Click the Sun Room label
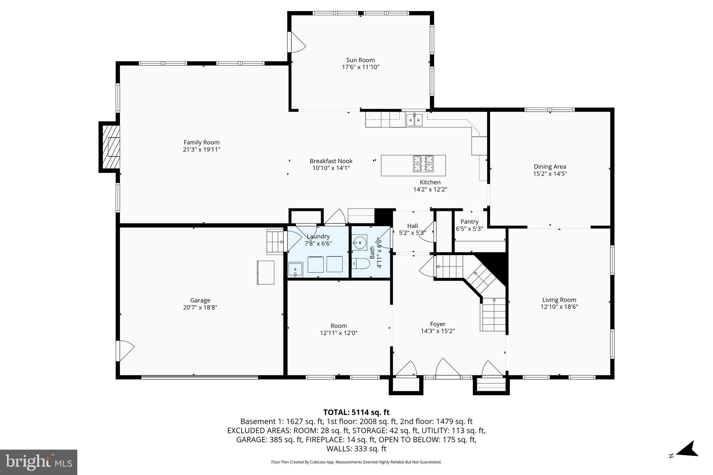coord(360,60)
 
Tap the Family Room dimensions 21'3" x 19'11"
coord(202,150)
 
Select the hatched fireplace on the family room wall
coord(110,147)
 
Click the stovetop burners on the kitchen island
coord(423,164)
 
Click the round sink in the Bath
coord(359,242)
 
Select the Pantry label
coord(469,222)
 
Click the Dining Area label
coord(550,167)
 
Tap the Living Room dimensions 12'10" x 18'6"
coord(559,307)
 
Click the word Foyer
coord(438,324)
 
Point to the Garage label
coord(200,300)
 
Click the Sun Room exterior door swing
coord(297,42)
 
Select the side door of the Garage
coord(125,350)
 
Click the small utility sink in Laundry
coord(295,270)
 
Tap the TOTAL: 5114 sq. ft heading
coord(356,412)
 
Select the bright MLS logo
coord(39,462)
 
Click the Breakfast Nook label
coord(331,161)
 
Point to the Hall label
coord(413,226)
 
